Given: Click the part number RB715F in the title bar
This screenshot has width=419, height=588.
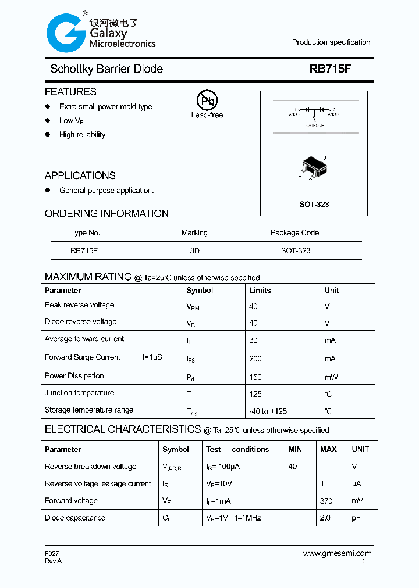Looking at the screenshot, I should (x=330, y=69).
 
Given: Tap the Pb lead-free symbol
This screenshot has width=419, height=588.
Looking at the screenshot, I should (x=207, y=101).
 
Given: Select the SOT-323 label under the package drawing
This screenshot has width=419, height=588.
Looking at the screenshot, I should (x=314, y=205).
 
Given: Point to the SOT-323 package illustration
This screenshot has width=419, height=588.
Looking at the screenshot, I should (x=313, y=168).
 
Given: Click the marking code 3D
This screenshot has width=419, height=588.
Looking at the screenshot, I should (x=194, y=250).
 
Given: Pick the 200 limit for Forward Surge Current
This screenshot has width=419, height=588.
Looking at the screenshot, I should (x=255, y=359).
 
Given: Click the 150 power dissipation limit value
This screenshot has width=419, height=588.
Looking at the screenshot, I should (x=255, y=377).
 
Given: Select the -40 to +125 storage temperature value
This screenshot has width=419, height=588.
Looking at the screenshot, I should (x=268, y=411).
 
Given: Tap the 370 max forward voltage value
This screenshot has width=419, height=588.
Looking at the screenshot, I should (x=326, y=501).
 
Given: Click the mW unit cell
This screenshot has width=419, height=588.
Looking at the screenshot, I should (x=331, y=377).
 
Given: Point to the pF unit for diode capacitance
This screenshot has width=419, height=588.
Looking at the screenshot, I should (x=356, y=518).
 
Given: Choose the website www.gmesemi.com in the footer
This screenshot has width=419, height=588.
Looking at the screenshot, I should (x=337, y=554).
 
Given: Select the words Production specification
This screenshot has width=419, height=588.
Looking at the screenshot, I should (x=331, y=42).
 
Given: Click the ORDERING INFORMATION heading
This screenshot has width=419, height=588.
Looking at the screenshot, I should (x=106, y=214).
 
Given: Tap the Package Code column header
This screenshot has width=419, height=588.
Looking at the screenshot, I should (x=294, y=232).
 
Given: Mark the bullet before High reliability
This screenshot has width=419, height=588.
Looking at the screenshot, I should (x=48, y=134).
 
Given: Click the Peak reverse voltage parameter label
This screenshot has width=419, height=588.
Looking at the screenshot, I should (x=79, y=305).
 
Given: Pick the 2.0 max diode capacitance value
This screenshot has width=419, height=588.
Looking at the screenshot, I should (x=325, y=518).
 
